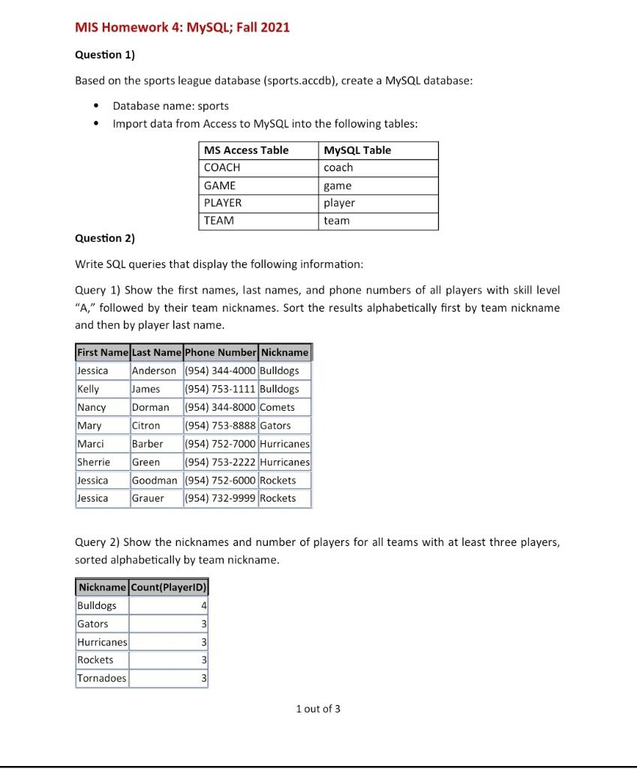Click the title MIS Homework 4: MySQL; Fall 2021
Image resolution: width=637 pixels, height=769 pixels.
coord(182,28)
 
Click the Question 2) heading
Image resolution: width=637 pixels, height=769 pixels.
coord(105,238)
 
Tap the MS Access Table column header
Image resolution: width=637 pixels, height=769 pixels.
coord(246,150)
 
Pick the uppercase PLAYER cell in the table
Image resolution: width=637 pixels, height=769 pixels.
coord(223,203)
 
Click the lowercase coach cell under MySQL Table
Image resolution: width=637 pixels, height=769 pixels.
coord(338,167)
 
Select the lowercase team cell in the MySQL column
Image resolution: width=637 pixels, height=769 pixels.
coord(337,221)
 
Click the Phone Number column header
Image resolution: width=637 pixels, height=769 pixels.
coord(221,352)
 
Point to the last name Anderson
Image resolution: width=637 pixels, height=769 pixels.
coord(154,370)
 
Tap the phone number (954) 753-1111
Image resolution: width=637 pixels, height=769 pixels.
coord(221,389)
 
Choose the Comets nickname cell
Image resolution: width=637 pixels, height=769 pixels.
coord(278,407)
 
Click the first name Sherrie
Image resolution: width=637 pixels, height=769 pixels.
coord(94,462)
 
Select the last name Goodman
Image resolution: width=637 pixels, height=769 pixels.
coord(155,480)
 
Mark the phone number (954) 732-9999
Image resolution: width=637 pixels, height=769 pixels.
coord(221,498)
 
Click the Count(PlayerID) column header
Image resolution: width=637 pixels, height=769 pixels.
coord(169,587)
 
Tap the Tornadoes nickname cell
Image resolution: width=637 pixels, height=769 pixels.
coord(102,678)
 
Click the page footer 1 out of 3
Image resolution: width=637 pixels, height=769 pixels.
coord(318,709)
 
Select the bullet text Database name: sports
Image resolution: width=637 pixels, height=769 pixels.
coord(171,106)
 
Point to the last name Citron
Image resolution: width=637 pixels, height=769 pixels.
coord(146,425)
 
